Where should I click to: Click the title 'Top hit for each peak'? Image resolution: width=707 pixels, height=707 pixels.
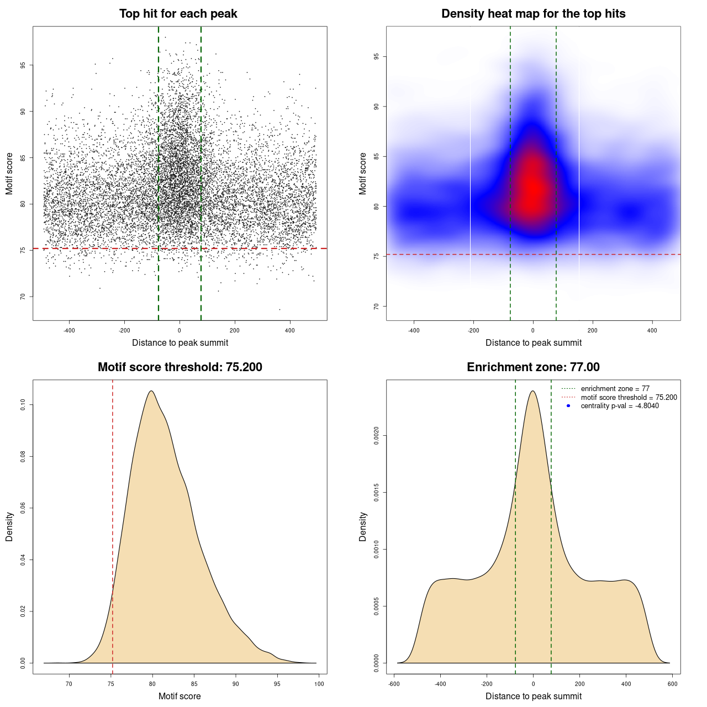178,14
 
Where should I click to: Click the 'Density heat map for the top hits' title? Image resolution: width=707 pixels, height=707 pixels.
533,14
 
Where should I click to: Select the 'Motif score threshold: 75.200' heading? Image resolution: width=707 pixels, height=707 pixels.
180,367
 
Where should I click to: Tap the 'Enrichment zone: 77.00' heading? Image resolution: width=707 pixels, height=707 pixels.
533,367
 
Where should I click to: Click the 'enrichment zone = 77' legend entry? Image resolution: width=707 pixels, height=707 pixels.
615,389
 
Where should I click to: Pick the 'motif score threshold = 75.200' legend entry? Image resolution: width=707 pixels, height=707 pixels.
629,397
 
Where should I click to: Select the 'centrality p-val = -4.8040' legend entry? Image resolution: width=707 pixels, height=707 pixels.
619,406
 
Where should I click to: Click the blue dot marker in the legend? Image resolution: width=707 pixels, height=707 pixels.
568,406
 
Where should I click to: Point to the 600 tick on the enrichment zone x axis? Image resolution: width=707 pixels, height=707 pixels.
672,684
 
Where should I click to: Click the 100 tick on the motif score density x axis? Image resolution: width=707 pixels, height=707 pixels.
319,684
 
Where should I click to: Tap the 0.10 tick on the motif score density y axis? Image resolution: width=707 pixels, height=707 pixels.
23,405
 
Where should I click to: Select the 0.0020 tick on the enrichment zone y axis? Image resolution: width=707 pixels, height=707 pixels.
376,436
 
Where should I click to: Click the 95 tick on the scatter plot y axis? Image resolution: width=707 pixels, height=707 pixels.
23,65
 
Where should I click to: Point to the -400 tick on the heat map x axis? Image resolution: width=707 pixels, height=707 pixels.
414,330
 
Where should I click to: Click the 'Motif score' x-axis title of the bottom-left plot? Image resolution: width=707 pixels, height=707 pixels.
180,696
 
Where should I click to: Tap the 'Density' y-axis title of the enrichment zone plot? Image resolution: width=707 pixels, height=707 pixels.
363,526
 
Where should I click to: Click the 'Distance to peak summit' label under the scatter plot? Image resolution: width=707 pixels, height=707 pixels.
180,342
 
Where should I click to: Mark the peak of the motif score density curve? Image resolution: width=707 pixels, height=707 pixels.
151,391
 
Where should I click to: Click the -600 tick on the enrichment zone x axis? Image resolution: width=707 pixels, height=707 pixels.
394,684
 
